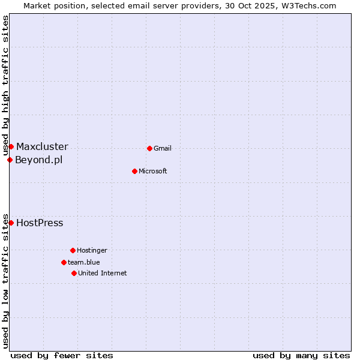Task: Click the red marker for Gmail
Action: tap(149, 148)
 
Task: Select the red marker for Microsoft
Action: tap(134, 171)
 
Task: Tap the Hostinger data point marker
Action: tap(73, 250)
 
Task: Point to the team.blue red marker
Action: tap(64, 262)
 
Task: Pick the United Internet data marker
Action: tap(74, 273)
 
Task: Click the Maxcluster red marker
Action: tap(11, 146)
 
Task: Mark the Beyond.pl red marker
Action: tap(10, 160)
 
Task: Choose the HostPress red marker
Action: tap(11, 223)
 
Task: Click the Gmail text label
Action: tap(163, 149)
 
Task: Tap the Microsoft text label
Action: tap(153, 172)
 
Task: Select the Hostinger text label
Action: tap(92, 251)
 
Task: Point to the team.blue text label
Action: tap(84, 263)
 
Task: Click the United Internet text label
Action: tap(103, 274)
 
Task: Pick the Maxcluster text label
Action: tap(42, 147)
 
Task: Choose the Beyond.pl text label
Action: tap(38, 160)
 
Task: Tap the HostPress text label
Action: tap(40, 223)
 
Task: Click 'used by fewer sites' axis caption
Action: tap(62, 355)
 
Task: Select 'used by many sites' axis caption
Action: tap(301, 355)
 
